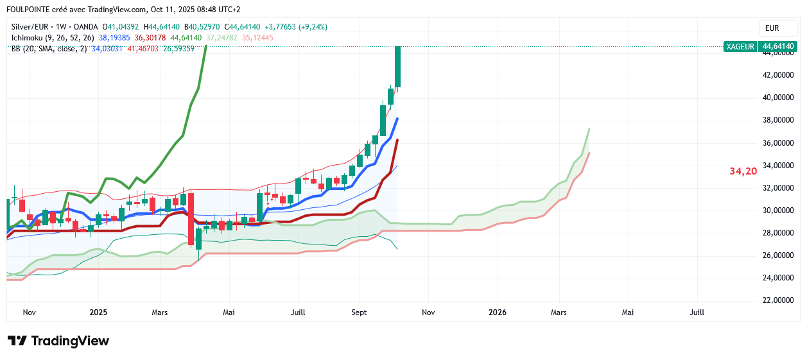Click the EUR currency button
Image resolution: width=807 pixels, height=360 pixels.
[772, 28]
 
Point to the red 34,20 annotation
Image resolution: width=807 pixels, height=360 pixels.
[743, 171]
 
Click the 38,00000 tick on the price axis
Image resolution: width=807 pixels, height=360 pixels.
[779, 120]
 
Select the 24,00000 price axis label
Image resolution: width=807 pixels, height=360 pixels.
[779, 278]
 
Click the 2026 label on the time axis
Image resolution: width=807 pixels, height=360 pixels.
[498, 313]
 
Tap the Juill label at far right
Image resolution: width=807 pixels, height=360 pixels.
[697, 313]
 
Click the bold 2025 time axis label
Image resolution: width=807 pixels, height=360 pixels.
[98, 313]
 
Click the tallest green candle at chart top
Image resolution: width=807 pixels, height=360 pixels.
[398, 66]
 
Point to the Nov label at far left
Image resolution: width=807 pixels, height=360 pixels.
[29, 313]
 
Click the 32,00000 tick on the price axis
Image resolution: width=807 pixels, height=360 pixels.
[779, 188]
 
